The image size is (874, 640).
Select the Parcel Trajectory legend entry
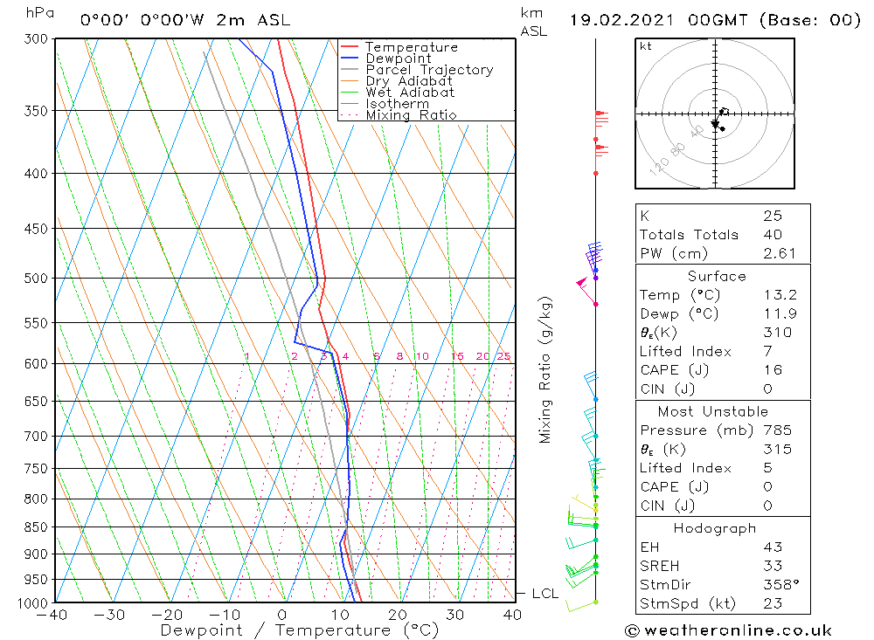click(x=429, y=70)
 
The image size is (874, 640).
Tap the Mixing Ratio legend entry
click(x=411, y=115)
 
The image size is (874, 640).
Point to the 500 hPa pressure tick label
click(x=37, y=279)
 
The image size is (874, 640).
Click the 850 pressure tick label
click(x=37, y=527)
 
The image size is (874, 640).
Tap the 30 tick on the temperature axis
click(x=454, y=615)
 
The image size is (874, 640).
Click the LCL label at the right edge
click(x=545, y=594)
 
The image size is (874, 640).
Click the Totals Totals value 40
click(x=772, y=234)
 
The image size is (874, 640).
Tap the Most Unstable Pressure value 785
click(x=777, y=430)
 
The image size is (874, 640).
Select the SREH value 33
click(x=772, y=566)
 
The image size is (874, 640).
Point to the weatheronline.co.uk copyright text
click(x=727, y=630)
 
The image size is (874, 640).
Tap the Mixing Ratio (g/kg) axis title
click(x=545, y=369)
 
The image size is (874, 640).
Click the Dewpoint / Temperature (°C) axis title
click(x=299, y=630)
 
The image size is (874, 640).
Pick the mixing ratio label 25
click(x=503, y=356)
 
